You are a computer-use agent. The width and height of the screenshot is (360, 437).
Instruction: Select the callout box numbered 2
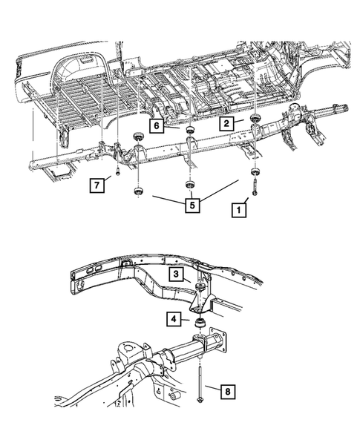coord(227,123)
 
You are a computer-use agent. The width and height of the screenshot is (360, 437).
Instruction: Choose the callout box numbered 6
coord(157,127)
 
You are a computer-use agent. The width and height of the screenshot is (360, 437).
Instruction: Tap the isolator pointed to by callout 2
coord(255,120)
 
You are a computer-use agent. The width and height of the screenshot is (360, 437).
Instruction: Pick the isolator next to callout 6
coord(190,131)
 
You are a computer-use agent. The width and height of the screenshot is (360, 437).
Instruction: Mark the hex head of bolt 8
coord(202,402)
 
